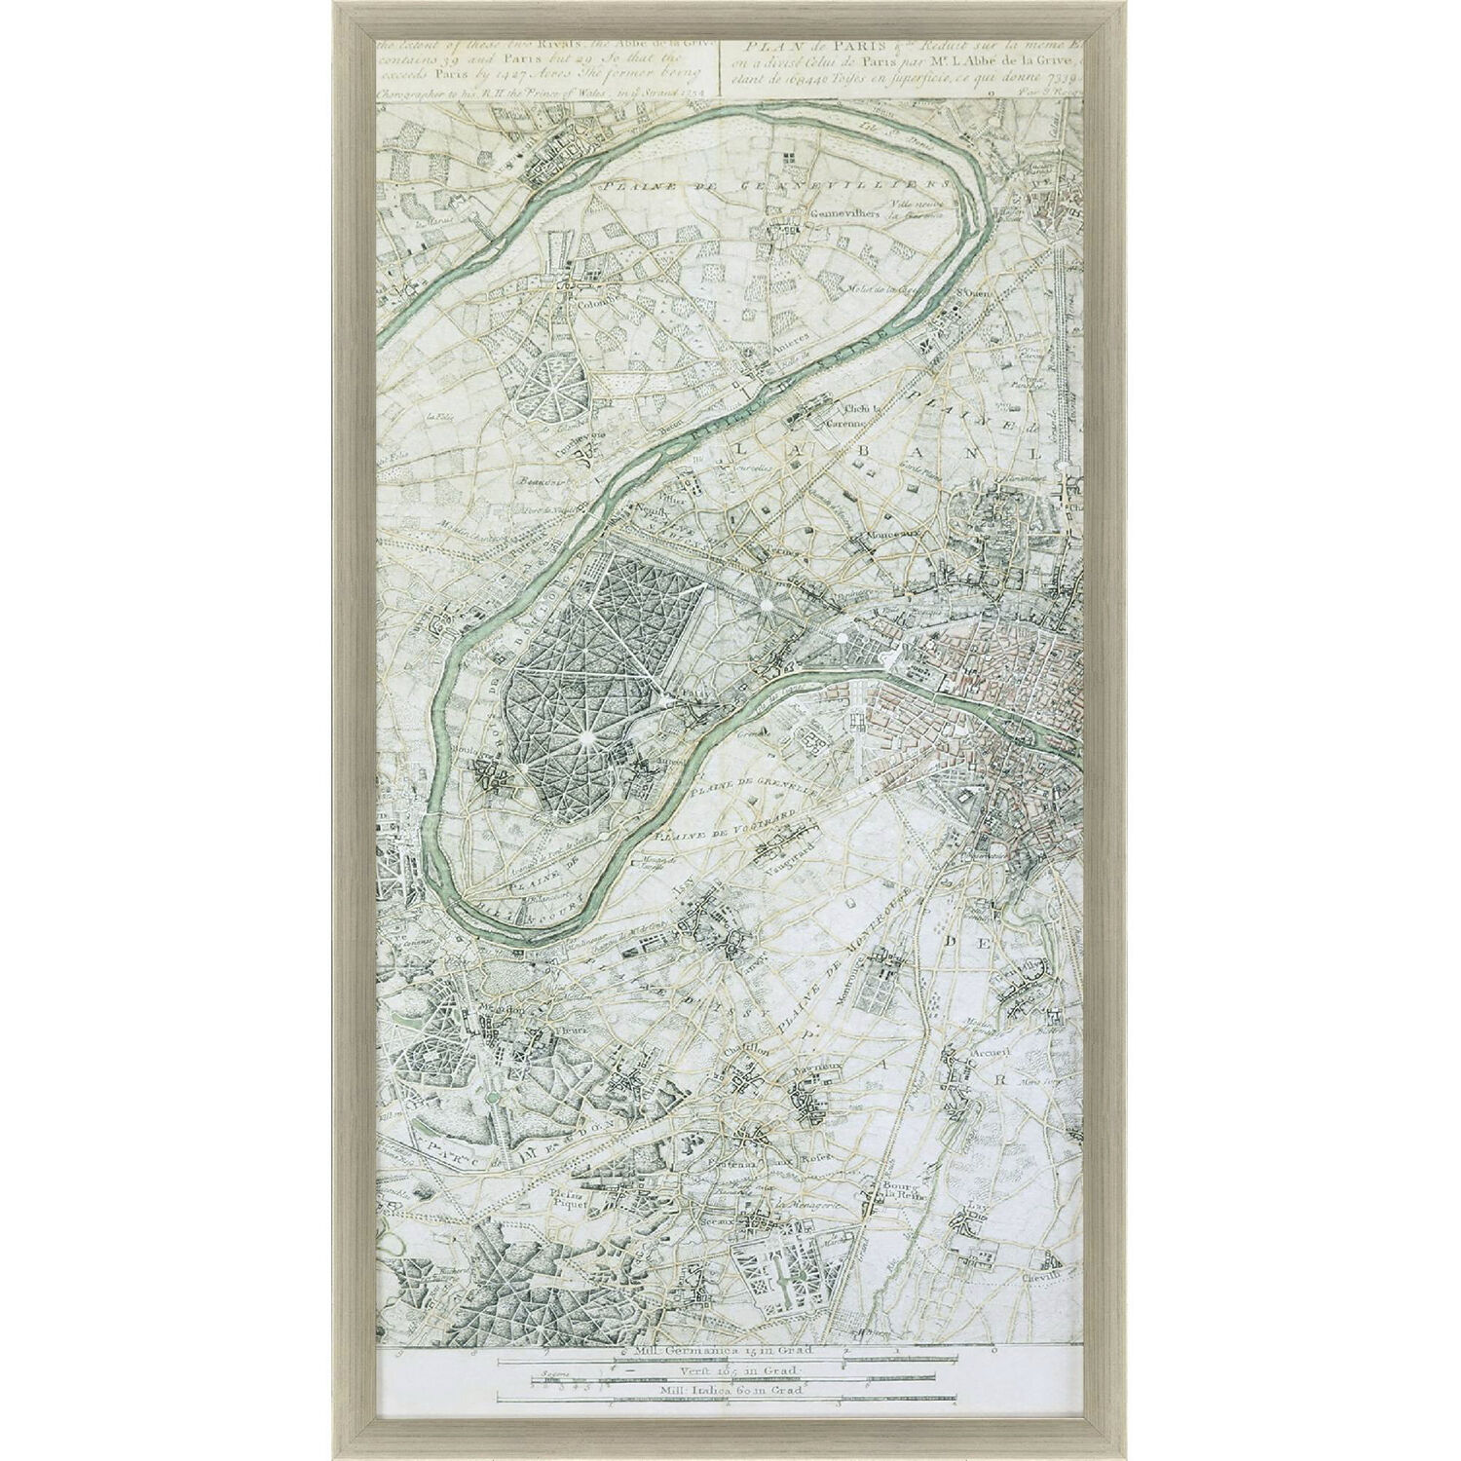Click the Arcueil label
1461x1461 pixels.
[987, 1054]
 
